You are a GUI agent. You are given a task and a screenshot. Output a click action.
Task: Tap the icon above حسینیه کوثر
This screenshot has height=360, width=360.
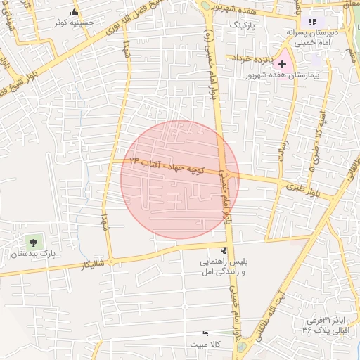(75, 12)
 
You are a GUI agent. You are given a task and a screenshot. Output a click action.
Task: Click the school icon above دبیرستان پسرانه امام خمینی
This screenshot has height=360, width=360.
(313, 22)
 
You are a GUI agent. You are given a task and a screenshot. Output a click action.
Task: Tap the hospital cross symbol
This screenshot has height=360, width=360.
(283, 64)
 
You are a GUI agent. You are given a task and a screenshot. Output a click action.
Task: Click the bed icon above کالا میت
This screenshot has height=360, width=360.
(205, 333)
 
